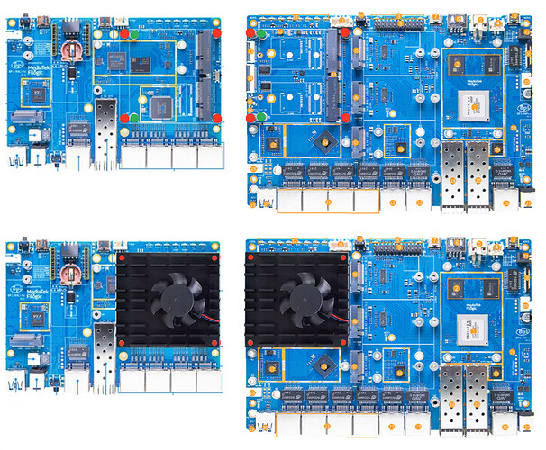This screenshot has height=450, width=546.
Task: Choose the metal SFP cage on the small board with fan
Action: [105, 347]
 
